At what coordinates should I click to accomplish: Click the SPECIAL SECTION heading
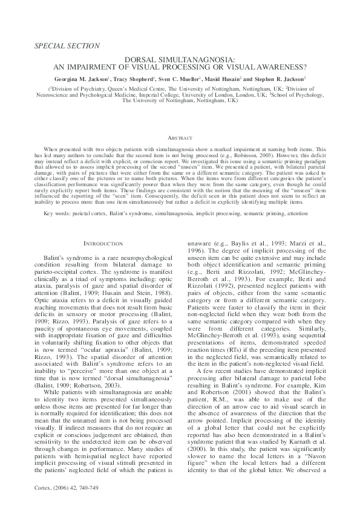pyautogui.click(x=68, y=45)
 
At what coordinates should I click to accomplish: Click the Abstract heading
pyautogui.click(x=179, y=138)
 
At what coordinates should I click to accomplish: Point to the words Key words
pyautogui.click(x=56, y=214)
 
